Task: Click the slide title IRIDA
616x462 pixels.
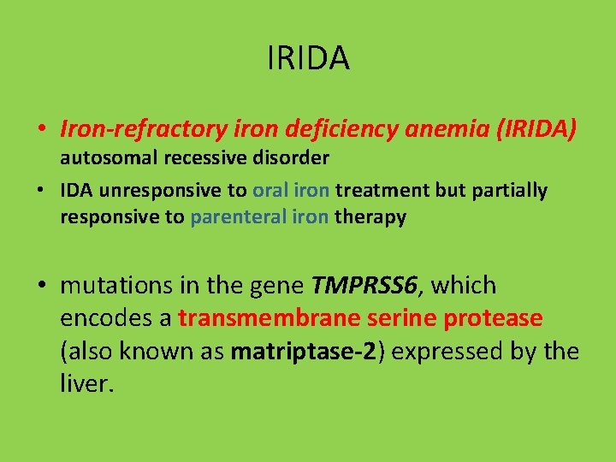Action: tap(308, 59)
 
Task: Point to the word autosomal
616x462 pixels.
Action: tap(102, 158)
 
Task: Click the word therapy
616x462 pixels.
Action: tap(370, 217)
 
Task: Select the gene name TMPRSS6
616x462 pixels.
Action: tap(365, 286)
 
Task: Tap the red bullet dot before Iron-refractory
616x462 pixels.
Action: tap(42, 131)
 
